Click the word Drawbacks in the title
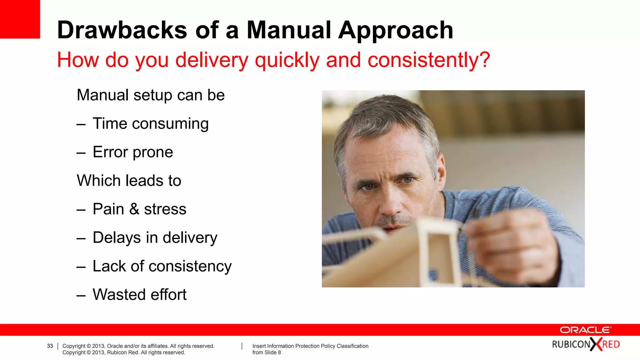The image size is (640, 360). pyautogui.click(x=122, y=30)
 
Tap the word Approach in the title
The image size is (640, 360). pyautogui.click(x=396, y=30)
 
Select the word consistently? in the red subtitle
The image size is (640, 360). pyautogui.click(x=428, y=60)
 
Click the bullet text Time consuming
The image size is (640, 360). pyautogui.click(x=150, y=123)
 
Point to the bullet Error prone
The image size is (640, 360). pyautogui.click(x=132, y=152)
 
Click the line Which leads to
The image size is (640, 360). pyautogui.click(x=129, y=181)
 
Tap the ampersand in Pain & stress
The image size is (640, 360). pyautogui.click(x=134, y=209)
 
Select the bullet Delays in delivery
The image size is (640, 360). pyautogui.click(x=155, y=237)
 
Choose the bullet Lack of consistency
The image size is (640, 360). pyautogui.click(x=162, y=266)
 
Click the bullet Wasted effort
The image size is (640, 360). pyautogui.click(x=139, y=295)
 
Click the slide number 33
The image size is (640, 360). pyautogui.click(x=50, y=346)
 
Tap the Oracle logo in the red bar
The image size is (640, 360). pyautogui.click(x=585, y=330)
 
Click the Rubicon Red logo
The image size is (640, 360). pyautogui.click(x=586, y=344)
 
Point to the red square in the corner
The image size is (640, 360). pyautogui.click(x=20, y=19)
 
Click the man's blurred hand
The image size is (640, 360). pyautogui.click(x=512, y=241)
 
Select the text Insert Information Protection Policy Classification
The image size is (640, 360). pyautogui.click(x=310, y=346)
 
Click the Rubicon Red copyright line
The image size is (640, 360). pyautogui.click(x=124, y=352)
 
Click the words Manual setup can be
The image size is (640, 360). pyautogui.click(x=151, y=95)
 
